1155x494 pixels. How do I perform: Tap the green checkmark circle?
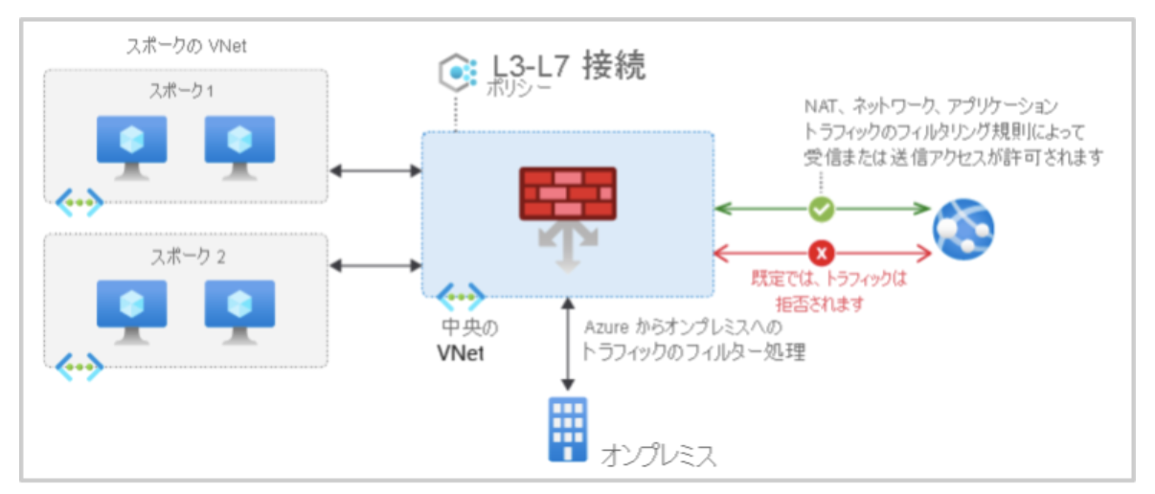click(822, 208)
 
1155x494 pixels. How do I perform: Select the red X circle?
click(822, 253)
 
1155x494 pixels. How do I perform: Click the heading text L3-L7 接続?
click(569, 67)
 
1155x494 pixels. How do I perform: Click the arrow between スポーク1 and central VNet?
click(375, 171)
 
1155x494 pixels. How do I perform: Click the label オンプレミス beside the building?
click(658, 454)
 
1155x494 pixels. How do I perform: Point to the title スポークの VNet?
click(187, 45)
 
